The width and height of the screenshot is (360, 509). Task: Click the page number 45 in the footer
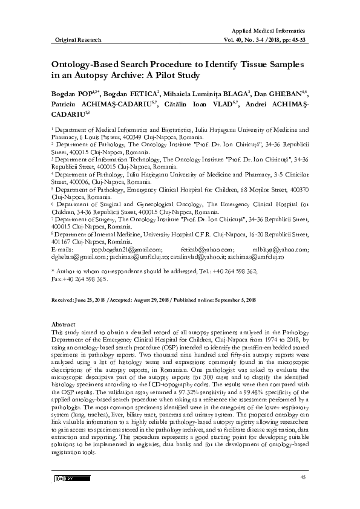click(x=303, y=478)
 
